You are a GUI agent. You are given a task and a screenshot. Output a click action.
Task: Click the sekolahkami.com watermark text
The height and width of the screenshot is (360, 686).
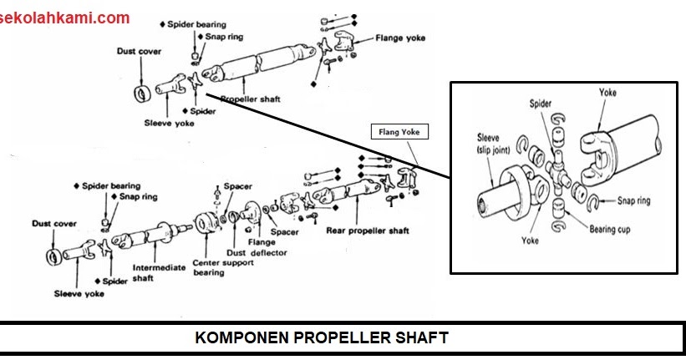click(66, 18)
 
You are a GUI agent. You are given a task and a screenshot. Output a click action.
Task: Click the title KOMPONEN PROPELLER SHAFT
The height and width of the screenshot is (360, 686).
click(322, 337)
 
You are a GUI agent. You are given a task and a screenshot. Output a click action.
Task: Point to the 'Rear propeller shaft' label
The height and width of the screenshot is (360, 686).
click(368, 231)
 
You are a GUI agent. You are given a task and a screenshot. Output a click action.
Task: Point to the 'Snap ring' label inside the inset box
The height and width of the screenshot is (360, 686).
click(634, 200)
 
